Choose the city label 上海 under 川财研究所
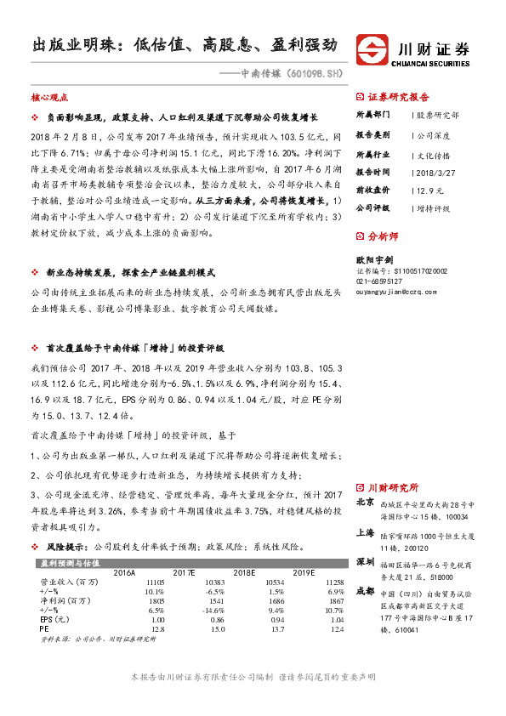pos(364,531)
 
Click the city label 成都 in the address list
pos(364,590)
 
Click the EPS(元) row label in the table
pos(54,620)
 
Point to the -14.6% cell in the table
pos(212,610)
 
